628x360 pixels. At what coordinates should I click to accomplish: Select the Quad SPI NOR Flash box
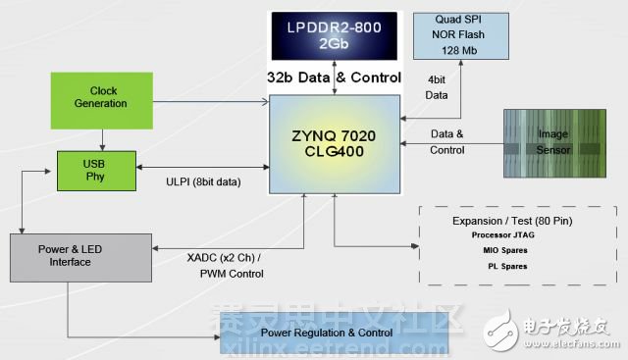click(459, 36)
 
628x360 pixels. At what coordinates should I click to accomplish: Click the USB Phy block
click(97, 170)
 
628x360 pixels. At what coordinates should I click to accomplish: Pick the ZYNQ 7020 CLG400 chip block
click(336, 141)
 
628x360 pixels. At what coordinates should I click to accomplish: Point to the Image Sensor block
click(551, 143)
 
